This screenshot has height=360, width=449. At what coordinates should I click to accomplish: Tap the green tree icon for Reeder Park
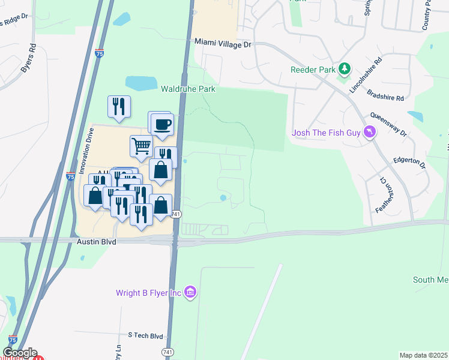click(345, 70)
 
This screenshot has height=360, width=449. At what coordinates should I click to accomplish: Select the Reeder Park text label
click(313, 70)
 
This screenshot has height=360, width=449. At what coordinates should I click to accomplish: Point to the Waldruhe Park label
click(188, 89)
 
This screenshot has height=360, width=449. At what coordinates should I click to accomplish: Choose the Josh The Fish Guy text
click(327, 133)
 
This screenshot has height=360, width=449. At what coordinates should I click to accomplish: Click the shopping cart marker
click(141, 145)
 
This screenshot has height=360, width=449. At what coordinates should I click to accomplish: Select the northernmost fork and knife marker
click(119, 106)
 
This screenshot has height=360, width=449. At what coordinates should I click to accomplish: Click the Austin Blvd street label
click(95, 241)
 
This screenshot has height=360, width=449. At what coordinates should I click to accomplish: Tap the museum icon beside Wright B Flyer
click(191, 293)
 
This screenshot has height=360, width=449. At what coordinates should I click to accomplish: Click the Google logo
click(20, 353)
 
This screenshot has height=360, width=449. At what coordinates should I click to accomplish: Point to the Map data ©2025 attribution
click(423, 355)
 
